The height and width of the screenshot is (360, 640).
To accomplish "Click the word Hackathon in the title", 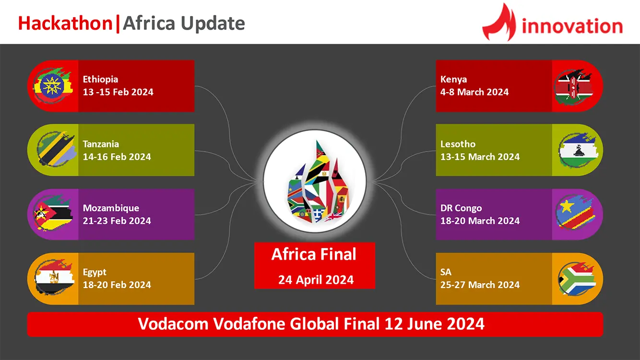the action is click(65, 23).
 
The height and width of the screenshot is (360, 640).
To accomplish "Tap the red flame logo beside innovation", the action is click(499, 22).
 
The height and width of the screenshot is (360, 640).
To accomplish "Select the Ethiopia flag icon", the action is click(52, 85).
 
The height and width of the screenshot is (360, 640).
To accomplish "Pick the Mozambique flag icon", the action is click(53, 213).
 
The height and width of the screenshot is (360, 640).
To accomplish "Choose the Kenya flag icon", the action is click(574, 86).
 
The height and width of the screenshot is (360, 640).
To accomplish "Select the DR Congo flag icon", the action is click(575, 212).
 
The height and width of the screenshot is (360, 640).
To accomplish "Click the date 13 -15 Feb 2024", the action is click(118, 92).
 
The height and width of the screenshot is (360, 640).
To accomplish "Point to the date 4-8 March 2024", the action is click(474, 92).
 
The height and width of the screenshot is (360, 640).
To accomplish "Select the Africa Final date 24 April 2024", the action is click(316, 280).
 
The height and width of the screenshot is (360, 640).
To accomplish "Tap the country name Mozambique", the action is click(111, 208).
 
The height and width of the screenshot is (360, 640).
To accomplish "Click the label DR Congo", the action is click(461, 208).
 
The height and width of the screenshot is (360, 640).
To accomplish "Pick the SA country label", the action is click(446, 272).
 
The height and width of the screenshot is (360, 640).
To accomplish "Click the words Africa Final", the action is click(314, 254).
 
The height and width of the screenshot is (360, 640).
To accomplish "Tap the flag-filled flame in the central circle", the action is click(318, 181).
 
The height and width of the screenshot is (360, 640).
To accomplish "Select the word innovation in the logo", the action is click(572, 26).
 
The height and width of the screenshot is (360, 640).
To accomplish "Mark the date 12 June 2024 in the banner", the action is click(434, 324).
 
